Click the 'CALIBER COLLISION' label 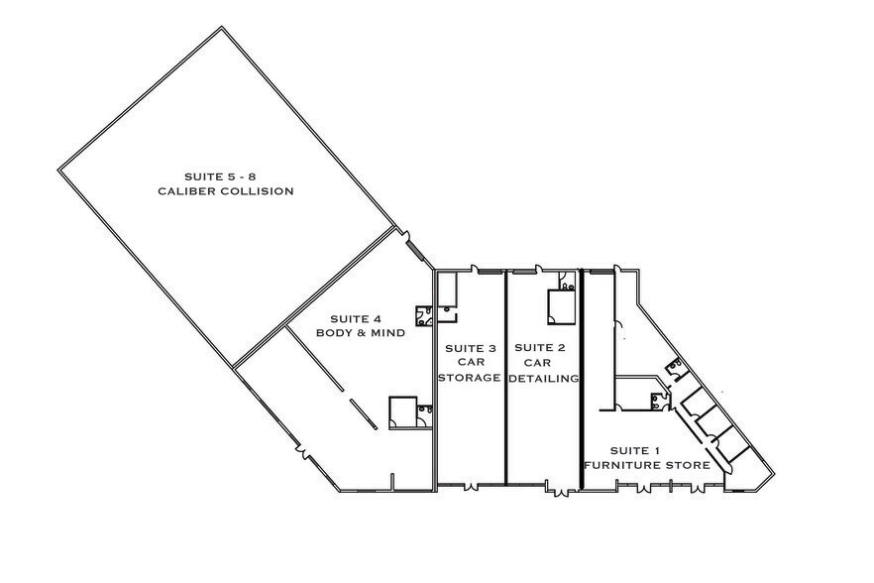coord(225,190)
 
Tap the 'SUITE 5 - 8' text coord(225,175)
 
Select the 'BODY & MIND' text coord(360,333)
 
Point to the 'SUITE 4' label coord(355,318)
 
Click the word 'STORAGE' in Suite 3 coord(469,378)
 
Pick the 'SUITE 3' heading coord(470,348)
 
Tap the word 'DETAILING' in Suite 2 coord(543,378)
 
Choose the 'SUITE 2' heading coord(540,348)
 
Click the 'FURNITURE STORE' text coord(646,464)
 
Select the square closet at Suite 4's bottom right coord(403,412)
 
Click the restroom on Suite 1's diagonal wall coord(678,367)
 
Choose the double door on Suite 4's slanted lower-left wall coord(301,453)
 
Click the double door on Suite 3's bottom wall coord(470,486)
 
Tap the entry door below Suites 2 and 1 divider coord(561,490)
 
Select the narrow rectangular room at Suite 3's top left coord(446,289)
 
